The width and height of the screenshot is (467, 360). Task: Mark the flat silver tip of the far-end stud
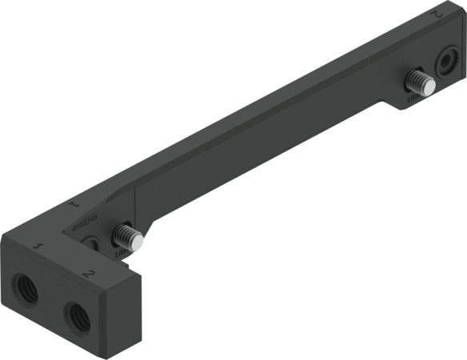coord(429,84)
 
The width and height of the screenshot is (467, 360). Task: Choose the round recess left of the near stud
coord(94,241)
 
